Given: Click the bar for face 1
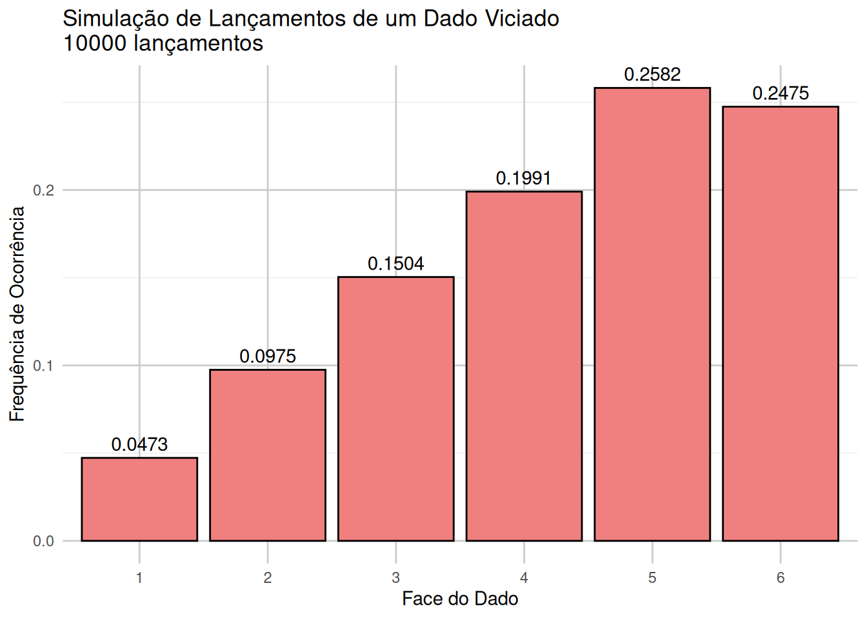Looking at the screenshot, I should (139, 499).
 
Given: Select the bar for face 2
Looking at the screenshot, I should (268, 455).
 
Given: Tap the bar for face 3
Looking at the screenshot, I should (395, 409).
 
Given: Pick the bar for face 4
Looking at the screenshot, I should (524, 366).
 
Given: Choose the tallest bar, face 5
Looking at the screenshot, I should (652, 314).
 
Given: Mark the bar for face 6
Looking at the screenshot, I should (780, 323).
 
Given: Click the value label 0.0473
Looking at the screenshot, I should (139, 444).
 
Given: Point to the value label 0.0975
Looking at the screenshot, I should (268, 356).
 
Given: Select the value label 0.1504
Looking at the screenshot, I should (395, 264).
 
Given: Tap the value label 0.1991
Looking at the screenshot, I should (524, 178).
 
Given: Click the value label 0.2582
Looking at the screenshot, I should (652, 75).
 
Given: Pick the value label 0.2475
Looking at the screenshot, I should (780, 93).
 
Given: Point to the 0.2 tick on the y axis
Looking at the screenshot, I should (44, 190).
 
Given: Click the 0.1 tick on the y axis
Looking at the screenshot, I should (44, 366).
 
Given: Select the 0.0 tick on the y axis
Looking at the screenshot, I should (44, 541).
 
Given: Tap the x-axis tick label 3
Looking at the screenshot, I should (395, 578).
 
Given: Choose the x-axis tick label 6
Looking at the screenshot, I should (780, 578).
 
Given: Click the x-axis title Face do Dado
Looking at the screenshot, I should (460, 599).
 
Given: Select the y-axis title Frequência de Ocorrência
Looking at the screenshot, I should (17, 314).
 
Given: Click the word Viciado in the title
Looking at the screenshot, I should (522, 19).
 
